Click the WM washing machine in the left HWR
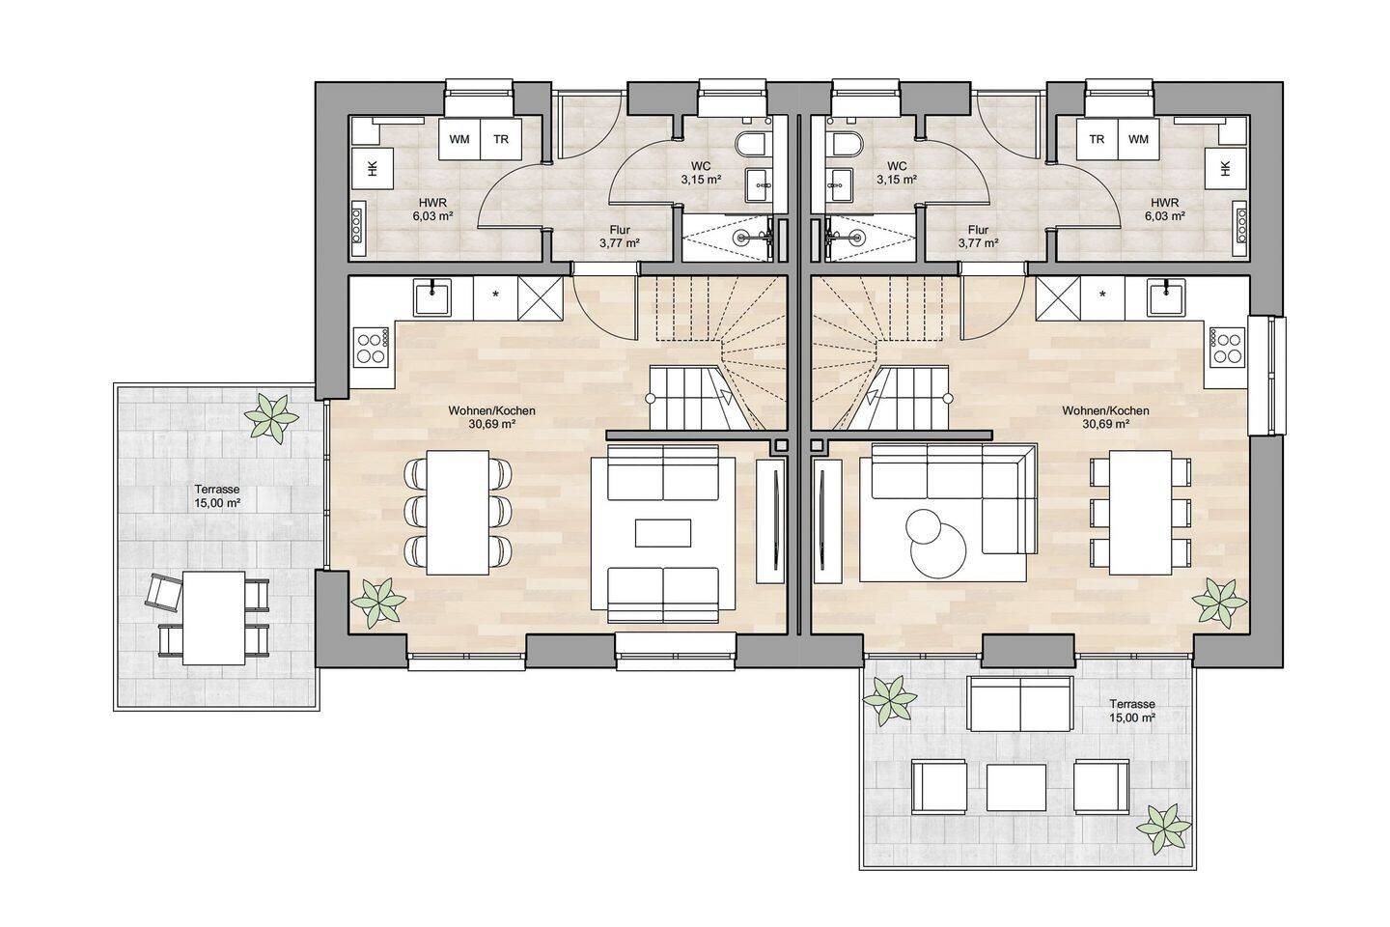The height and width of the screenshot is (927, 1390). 459,140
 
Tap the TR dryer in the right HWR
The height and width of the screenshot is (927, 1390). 1097,140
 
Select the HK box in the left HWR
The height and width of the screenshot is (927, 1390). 373,168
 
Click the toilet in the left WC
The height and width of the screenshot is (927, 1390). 751,145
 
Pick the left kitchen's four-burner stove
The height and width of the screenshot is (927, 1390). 371,347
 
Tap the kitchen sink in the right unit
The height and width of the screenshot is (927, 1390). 1166,297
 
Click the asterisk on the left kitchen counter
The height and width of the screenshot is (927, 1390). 495,295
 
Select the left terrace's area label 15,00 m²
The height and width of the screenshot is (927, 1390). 218,503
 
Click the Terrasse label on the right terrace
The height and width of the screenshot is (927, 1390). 1132,704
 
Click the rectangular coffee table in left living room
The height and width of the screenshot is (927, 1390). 663,533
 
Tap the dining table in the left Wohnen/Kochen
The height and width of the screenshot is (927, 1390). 458,512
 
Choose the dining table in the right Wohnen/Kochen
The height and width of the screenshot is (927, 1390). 1141,512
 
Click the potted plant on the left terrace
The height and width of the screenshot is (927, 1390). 270,417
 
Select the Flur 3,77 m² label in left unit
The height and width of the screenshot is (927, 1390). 620,237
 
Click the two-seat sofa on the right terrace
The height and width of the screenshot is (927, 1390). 1021,704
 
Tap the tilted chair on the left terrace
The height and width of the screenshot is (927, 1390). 164,590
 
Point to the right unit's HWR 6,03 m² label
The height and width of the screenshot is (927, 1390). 1165,210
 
